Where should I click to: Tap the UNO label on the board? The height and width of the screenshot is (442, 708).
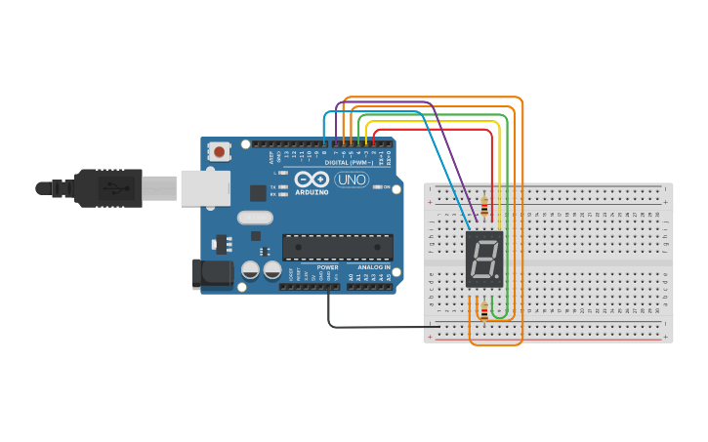[352, 180]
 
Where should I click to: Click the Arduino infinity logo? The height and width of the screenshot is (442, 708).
[312, 181]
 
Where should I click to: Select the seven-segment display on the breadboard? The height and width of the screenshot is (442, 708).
[484, 260]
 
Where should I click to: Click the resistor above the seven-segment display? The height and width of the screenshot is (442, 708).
[484, 205]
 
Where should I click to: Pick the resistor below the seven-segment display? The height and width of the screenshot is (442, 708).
[484, 311]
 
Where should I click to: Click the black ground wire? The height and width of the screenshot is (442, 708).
[371, 326]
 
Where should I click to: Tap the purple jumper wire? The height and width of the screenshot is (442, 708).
[391, 102]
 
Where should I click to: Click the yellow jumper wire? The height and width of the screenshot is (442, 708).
[430, 122]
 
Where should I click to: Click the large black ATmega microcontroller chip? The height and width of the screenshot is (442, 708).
[338, 248]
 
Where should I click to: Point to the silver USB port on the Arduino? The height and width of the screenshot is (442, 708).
[206, 188]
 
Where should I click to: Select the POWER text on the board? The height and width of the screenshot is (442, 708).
[327, 267]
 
